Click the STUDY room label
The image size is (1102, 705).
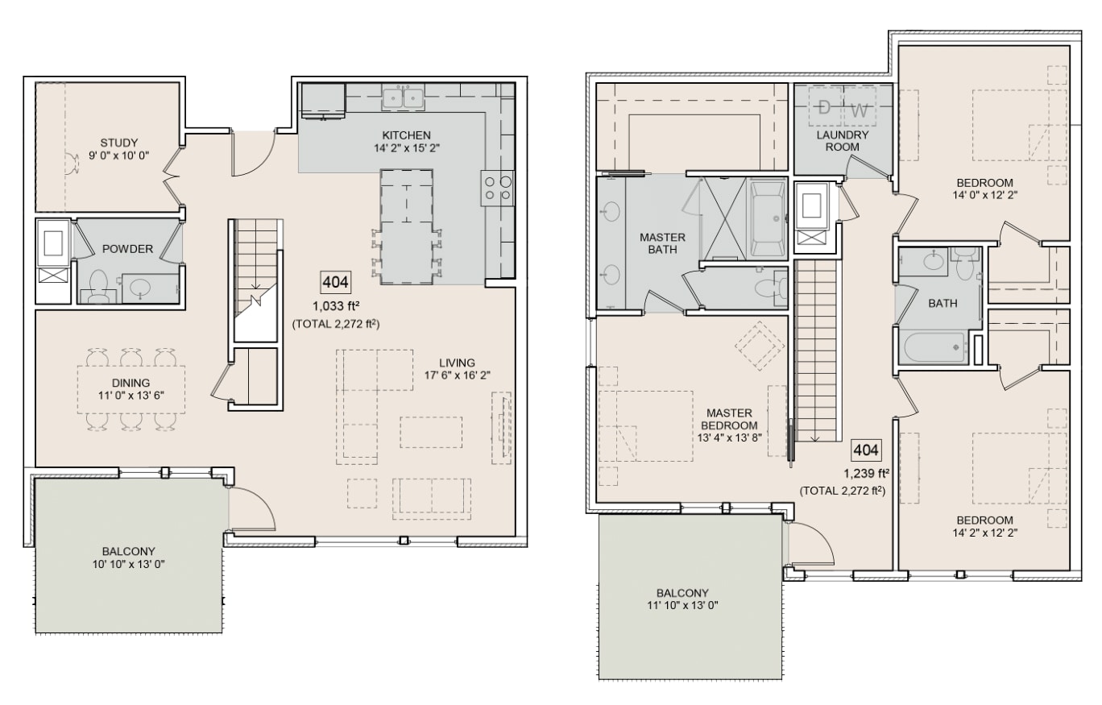coord(119,143)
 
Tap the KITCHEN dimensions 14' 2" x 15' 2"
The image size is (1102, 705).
coord(406,147)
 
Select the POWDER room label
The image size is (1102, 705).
coord(127,249)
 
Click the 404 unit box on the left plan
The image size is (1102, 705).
coord(336,282)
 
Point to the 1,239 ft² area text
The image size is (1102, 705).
coord(866,473)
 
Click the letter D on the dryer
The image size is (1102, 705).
coord(825,108)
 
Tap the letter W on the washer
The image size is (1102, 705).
coord(859,110)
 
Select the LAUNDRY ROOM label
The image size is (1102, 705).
coord(843,141)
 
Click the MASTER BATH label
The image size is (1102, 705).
coord(662,243)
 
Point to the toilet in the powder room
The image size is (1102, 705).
coord(99,287)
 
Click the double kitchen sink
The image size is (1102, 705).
coord(404,97)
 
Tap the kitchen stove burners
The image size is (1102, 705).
coord(497,188)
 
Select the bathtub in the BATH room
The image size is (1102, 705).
coord(934,348)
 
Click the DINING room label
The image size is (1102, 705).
coord(130,383)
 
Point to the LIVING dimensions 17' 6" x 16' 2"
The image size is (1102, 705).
coord(458,375)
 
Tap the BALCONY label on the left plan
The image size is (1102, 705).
coord(128,551)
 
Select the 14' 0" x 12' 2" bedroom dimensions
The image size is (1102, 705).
coord(985,195)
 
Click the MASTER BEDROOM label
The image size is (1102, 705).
coord(729,419)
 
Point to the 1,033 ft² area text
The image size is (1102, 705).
coord(336,306)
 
